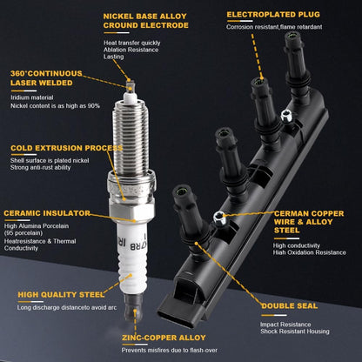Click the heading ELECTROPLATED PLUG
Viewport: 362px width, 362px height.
tap(273, 15)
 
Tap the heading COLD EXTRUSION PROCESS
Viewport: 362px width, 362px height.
tap(67, 148)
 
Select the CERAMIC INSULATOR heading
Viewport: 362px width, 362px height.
tap(47, 213)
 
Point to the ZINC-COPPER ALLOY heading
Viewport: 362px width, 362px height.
tap(164, 338)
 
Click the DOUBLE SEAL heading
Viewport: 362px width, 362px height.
tap(289, 306)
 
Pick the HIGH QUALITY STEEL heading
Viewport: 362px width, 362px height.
tap(61, 295)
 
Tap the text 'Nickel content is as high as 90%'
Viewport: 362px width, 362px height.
tap(55, 106)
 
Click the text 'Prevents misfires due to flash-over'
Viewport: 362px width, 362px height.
tap(170, 350)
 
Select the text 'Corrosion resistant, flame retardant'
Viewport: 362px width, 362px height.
tap(274, 27)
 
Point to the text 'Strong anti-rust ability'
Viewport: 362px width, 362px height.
tap(40, 167)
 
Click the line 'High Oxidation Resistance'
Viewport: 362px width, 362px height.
tap(310, 252)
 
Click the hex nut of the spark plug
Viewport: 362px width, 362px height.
tap(132, 212)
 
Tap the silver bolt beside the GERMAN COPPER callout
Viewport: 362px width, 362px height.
tap(220, 218)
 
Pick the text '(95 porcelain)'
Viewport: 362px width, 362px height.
tap(23, 233)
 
